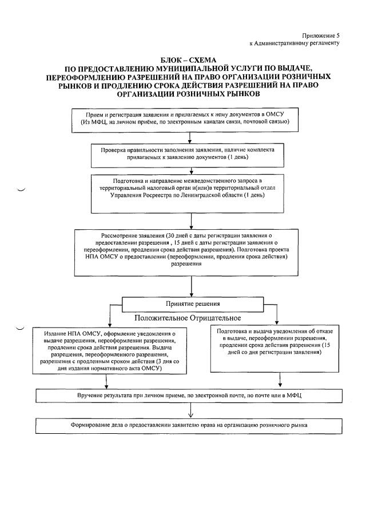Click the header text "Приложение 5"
click(321, 35)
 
